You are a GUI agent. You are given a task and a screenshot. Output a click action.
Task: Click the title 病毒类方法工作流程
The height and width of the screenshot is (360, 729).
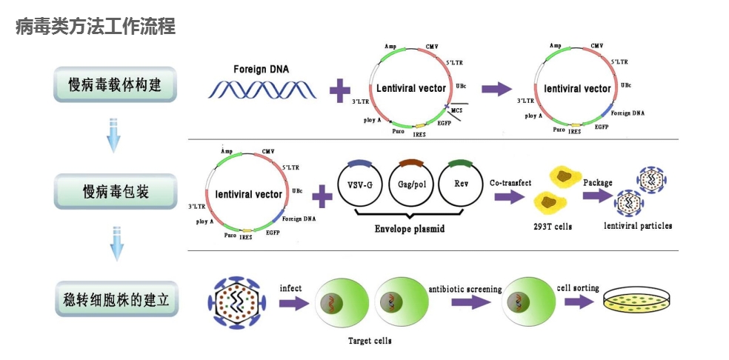tap(96, 27)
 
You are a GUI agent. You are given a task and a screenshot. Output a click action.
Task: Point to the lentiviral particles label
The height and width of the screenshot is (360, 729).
tap(638, 225)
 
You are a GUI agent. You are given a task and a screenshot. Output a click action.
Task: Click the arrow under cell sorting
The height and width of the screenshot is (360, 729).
tap(579, 302)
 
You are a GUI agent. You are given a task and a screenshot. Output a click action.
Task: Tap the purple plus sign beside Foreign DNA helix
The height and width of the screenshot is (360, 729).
tap(339, 91)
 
